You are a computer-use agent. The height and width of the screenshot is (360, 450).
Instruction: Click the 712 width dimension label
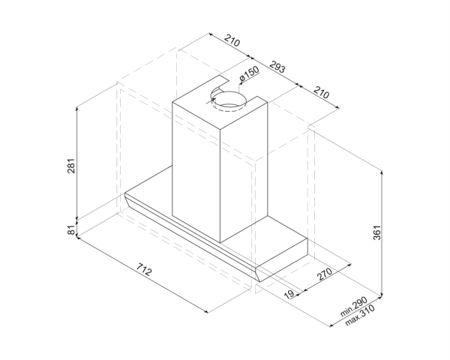(143, 269)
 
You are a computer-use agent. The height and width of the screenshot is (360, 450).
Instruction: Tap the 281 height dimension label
(71, 166)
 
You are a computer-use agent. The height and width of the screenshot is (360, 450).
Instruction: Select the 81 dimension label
(71, 229)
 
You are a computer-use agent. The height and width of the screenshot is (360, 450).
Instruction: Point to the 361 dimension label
(376, 232)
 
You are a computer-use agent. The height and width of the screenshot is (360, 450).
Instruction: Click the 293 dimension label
(277, 67)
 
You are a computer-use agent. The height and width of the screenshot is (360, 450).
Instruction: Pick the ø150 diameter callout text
(249, 73)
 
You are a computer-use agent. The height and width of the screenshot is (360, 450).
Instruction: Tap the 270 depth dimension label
(325, 274)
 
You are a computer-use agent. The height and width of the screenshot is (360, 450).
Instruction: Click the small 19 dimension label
(289, 294)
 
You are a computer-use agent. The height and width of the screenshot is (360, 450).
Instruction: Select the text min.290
(353, 307)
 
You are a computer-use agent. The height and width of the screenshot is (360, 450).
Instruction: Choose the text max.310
(360, 315)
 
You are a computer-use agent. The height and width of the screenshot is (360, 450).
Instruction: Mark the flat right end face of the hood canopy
(282, 259)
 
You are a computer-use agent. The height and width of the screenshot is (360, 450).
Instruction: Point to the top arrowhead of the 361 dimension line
(382, 172)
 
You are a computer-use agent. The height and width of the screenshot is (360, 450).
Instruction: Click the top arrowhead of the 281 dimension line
(77, 109)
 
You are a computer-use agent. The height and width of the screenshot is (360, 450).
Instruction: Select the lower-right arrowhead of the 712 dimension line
(205, 311)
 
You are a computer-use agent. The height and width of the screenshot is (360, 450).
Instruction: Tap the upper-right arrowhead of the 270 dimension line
(349, 265)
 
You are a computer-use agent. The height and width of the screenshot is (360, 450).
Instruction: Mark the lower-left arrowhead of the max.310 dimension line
(331, 325)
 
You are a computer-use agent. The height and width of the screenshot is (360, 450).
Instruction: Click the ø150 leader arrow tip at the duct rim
(240, 83)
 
